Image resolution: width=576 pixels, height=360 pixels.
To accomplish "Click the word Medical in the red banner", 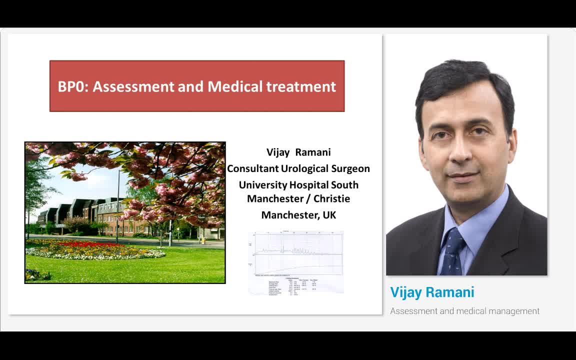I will point(235,86).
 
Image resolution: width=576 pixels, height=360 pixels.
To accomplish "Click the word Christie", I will point(331,198).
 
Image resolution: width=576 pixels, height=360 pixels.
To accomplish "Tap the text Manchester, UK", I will point(298,215).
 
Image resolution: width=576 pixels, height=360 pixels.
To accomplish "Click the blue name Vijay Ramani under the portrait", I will point(432,292).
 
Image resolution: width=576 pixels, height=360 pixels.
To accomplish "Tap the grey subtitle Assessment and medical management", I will point(464,311).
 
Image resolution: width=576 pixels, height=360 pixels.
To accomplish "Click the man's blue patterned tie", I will point(453,252).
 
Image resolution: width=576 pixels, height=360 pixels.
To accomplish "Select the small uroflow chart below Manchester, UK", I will point(296,262).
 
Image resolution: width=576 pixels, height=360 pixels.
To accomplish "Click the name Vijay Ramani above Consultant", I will point(298,152).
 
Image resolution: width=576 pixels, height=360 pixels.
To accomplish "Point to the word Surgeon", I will point(350,168).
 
